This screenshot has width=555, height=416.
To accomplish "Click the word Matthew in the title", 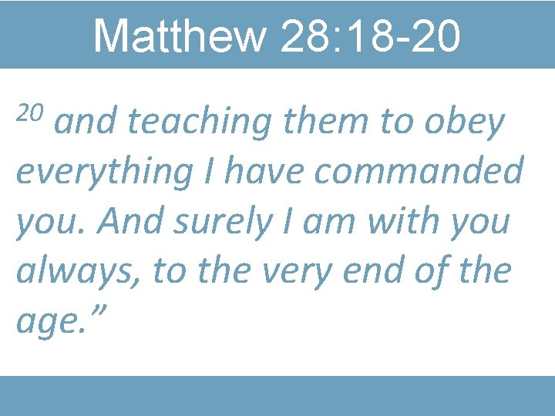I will click(178, 35).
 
